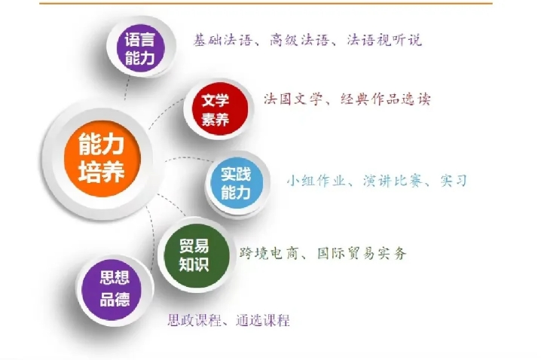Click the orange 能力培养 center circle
coord(102,158)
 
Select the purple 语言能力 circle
coord(139,48)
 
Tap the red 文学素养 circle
coord(215,110)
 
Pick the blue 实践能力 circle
coord(236,183)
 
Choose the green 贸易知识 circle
coord(194,255)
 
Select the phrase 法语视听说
coord(384,40)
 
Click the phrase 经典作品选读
coord(385,99)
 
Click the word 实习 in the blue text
coord(454,181)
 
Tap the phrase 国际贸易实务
coord(362,254)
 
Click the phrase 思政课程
coord(194,320)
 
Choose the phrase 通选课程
coord(262,320)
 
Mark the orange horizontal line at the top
coord(266,3)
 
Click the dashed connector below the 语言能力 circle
coord(127,88)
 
